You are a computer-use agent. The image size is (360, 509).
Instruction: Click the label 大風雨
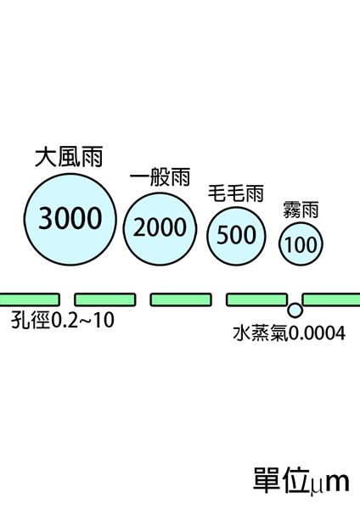pyautogui.click(x=69, y=157)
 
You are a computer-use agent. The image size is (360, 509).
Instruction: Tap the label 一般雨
pyautogui.click(x=160, y=177)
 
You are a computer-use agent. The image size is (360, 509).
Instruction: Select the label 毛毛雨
pyautogui.click(x=235, y=193)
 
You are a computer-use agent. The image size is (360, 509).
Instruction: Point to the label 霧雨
pyautogui.click(x=301, y=210)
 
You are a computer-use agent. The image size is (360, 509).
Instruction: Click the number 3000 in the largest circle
pyautogui.click(x=70, y=218)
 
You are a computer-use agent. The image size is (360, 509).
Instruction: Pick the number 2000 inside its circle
pyautogui.click(x=160, y=227)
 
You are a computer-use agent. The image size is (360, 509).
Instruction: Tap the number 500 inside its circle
pyautogui.click(x=236, y=234)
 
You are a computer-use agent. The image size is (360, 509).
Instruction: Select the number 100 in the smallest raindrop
pyautogui.click(x=301, y=244)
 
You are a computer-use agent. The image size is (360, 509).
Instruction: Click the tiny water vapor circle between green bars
pyautogui.click(x=295, y=310)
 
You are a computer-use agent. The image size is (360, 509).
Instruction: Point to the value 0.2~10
pyautogui.click(x=83, y=320)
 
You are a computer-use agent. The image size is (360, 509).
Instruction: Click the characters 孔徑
pyautogui.click(x=31, y=320)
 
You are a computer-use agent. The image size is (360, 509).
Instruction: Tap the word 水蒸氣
pyautogui.click(x=261, y=333)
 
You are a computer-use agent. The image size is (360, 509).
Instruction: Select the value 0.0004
pyautogui.click(x=317, y=333)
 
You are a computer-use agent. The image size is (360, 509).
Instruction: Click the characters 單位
pyautogui.click(x=280, y=480)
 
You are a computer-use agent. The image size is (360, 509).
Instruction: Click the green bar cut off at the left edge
pyautogui.click(x=30, y=299)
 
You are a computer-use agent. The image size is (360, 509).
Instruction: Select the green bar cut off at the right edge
pyautogui.click(x=331, y=299)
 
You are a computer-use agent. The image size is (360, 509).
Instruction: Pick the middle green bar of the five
pyautogui.click(x=181, y=299)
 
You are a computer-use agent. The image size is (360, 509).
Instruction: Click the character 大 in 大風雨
pyautogui.click(x=45, y=158)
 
